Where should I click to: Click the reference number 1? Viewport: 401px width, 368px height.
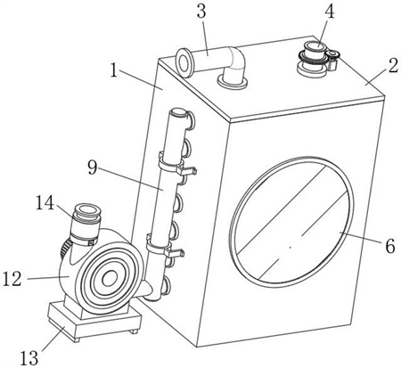(114, 70)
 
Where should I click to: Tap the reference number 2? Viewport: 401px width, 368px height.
(393, 66)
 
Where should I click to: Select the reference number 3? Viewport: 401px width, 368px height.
(201, 12)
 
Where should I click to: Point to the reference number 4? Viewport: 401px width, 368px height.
(329, 12)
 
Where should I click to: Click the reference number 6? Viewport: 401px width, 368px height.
(390, 246)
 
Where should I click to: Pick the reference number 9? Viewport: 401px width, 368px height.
(93, 168)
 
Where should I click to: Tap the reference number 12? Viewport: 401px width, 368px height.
(12, 279)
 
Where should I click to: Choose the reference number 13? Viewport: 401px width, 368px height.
(29, 357)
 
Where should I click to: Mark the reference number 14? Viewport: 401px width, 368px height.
(45, 203)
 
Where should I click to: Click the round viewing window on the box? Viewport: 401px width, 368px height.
(291, 222)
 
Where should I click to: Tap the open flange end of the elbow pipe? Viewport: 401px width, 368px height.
(184, 62)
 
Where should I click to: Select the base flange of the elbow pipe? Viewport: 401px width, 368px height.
(233, 81)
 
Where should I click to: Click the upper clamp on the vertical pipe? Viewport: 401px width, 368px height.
(176, 164)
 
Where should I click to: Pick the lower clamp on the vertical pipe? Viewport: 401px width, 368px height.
(164, 247)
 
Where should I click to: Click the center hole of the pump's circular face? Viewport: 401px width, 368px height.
(110, 278)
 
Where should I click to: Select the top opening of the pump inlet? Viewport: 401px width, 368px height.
(87, 209)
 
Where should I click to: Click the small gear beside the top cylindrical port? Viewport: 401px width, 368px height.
(332, 54)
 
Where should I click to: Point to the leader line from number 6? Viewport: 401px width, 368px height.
(360, 237)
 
